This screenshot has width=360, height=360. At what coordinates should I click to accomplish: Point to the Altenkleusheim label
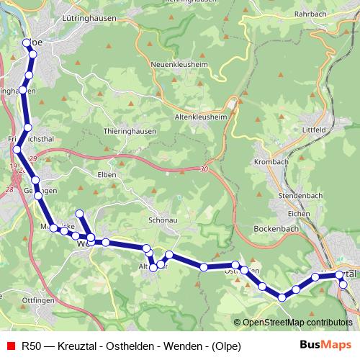pos(206,115)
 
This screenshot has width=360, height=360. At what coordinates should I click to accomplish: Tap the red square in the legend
pos(9,346)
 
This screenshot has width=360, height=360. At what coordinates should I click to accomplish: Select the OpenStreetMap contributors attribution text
pos(297,323)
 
